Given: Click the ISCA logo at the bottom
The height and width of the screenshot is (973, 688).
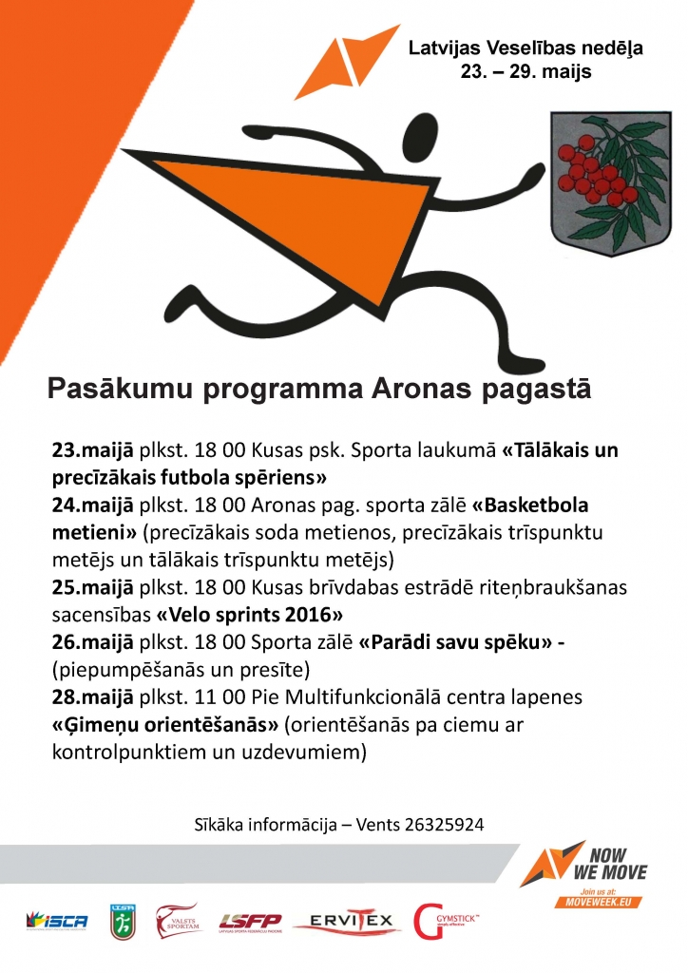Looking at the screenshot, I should coord(58,921).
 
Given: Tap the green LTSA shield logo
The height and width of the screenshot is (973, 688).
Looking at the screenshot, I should coord(123,921).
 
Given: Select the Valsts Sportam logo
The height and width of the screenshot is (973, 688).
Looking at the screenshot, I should coord(179,920).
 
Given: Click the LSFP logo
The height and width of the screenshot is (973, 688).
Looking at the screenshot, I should coord(250,921).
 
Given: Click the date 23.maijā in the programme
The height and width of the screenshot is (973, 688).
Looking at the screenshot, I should coord(83,449).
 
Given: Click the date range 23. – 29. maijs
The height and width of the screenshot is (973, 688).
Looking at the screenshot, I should coord(526,70).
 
